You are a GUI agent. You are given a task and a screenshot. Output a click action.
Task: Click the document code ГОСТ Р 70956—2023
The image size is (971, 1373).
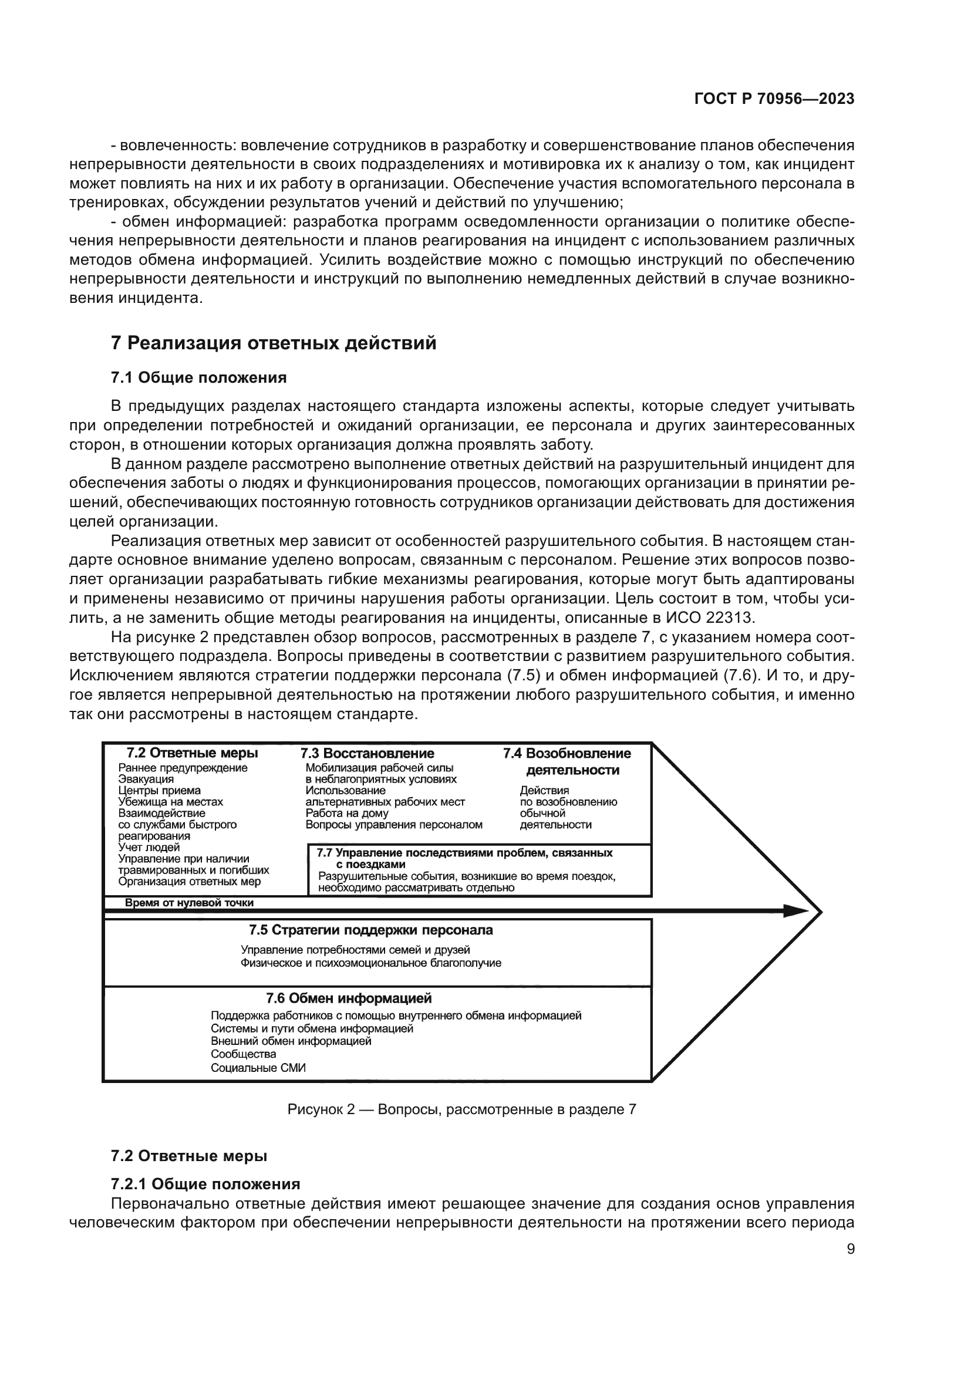tap(774, 99)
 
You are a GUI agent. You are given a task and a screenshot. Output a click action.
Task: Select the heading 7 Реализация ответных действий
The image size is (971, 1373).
tap(274, 343)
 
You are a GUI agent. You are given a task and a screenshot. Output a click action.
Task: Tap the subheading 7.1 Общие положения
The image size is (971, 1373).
tap(198, 378)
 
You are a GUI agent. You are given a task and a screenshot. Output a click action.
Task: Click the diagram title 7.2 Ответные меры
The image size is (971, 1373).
tap(193, 754)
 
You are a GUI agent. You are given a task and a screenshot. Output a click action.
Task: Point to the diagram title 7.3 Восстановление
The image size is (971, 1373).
tap(367, 754)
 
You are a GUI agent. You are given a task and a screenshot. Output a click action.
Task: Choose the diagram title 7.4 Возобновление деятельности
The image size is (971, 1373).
tap(567, 761)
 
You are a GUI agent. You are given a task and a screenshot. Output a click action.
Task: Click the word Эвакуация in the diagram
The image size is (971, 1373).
tap(146, 779)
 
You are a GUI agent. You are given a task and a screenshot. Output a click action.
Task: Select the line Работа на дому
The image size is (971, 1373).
tap(347, 813)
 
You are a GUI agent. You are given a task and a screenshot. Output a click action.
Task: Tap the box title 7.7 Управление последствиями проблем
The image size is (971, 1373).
tap(464, 854)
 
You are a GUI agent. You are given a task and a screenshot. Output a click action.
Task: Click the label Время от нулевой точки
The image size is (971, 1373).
tap(189, 903)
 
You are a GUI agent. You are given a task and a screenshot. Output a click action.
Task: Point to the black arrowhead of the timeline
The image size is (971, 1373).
tap(795, 912)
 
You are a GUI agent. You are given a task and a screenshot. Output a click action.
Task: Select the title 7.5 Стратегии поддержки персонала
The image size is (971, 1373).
tap(370, 930)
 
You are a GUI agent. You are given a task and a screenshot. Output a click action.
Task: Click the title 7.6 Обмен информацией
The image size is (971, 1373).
tap(349, 998)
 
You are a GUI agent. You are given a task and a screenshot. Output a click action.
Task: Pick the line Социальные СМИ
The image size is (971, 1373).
tap(258, 1068)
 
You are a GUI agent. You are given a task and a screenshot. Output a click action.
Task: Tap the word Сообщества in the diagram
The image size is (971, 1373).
tap(244, 1054)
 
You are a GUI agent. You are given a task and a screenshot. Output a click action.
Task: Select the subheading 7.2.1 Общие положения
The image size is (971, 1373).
tap(205, 1184)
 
